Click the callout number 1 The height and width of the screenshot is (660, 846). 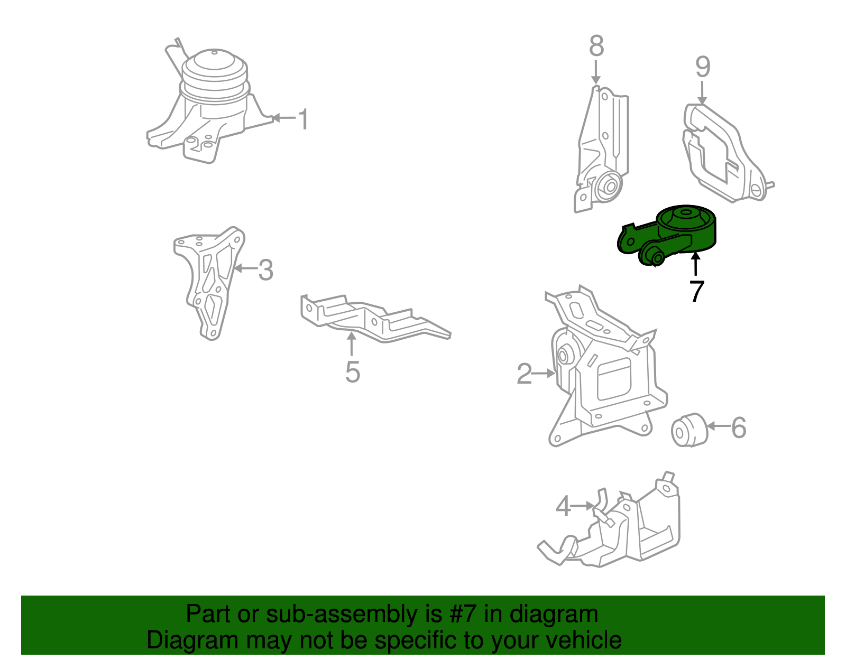pyautogui.click(x=304, y=119)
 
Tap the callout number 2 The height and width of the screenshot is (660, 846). pyautogui.click(x=524, y=374)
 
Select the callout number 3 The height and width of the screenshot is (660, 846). pyautogui.click(x=266, y=269)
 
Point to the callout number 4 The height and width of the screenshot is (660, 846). pyautogui.click(x=563, y=506)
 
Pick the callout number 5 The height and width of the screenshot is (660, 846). pyautogui.click(x=353, y=372)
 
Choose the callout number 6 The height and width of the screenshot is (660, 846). pyautogui.click(x=739, y=427)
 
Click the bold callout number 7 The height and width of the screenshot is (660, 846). pyautogui.click(x=696, y=291)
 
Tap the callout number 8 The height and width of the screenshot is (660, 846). pyautogui.click(x=596, y=45)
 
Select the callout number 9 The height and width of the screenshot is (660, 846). pyautogui.click(x=703, y=67)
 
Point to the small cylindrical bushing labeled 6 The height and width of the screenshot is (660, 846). pyautogui.click(x=689, y=430)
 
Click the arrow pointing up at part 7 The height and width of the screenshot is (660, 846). pyautogui.click(x=696, y=264)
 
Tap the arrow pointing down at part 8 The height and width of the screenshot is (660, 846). pyautogui.click(x=596, y=72)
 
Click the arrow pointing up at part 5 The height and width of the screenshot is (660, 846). pyautogui.click(x=352, y=344)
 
